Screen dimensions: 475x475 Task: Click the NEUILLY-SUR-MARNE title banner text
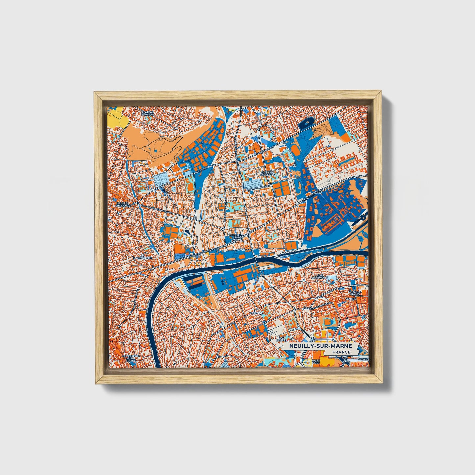pyautogui.click(x=321, y=346)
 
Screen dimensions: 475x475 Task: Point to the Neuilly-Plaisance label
pyautogui.click(x=123, y=204)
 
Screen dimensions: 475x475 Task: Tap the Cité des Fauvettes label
pyautogui.click(x=267, y=174)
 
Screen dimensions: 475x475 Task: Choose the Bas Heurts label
pyautogui.click(x=281, y=339)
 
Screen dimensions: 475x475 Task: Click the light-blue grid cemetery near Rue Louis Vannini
pyautogui.click(x=162, y=180)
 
